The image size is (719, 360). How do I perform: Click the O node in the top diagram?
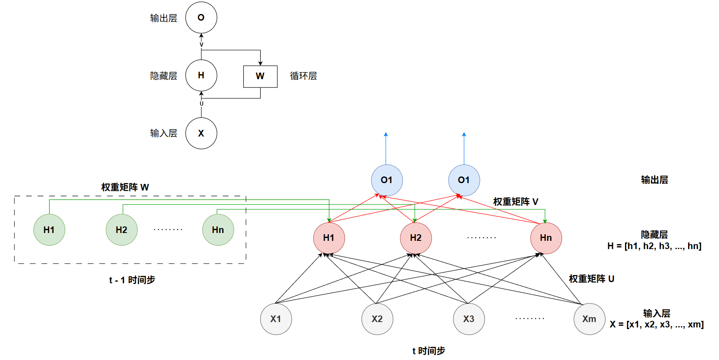201,18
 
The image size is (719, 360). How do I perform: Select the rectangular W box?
260,76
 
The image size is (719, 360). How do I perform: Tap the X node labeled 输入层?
201,133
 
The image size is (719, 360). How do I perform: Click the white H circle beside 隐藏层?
201,75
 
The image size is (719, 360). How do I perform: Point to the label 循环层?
303,76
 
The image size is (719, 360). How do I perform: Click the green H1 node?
49,230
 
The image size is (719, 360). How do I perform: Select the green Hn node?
218,230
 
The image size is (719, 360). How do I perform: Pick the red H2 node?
416,238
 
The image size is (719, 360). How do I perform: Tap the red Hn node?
546,238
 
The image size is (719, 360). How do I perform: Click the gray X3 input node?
469,319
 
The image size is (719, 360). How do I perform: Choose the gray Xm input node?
589,319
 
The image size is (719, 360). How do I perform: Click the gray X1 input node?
276,319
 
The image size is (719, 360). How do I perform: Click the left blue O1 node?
387,180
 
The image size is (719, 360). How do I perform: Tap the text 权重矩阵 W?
125,187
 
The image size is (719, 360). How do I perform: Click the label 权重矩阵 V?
516,202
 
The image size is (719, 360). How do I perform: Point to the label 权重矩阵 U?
592,279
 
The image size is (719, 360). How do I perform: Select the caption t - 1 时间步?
132,280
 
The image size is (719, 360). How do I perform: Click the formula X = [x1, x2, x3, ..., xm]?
656,325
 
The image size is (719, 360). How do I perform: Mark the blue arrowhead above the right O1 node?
464,134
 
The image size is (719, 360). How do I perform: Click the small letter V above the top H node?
201,45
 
